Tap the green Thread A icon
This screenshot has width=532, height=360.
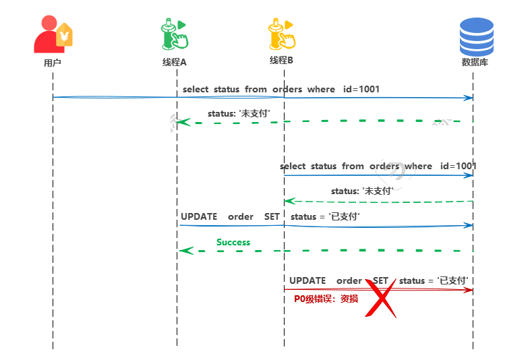pyautogui.click(x=173, y=34)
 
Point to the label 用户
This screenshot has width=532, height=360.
pyautogui.click(x=53, y=63)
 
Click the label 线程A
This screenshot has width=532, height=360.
pyautogui.click(x=174, y=62)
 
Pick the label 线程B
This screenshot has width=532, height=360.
pyautogui.click(x=281, y=61)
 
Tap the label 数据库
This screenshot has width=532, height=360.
pyautogui.click(x=475, y=62)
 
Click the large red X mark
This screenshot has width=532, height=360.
pyautogui.click(x=381, y=299)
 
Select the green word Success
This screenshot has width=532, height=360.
pyautogui.click(x=233, y=242)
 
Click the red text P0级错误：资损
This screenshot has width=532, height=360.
pyautogui.click(x=326, y=299)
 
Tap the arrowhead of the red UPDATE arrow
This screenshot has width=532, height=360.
pyautogui.click(x=469, y=290)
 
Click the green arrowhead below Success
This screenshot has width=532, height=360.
pyautogui.click(x=185, y=251)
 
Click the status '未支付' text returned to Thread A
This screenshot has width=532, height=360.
pyautogui.click(x=239, y=113)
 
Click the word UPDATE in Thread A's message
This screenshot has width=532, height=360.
pyautogui.click(x=199, y=216)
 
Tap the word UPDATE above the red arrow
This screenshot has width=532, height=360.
pyautogui.click(x=307, y=280)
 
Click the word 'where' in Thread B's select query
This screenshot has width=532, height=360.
pyautogui.click(x=418, y=166)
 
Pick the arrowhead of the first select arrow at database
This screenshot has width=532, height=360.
pyautogui.click(x=469, y=98)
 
